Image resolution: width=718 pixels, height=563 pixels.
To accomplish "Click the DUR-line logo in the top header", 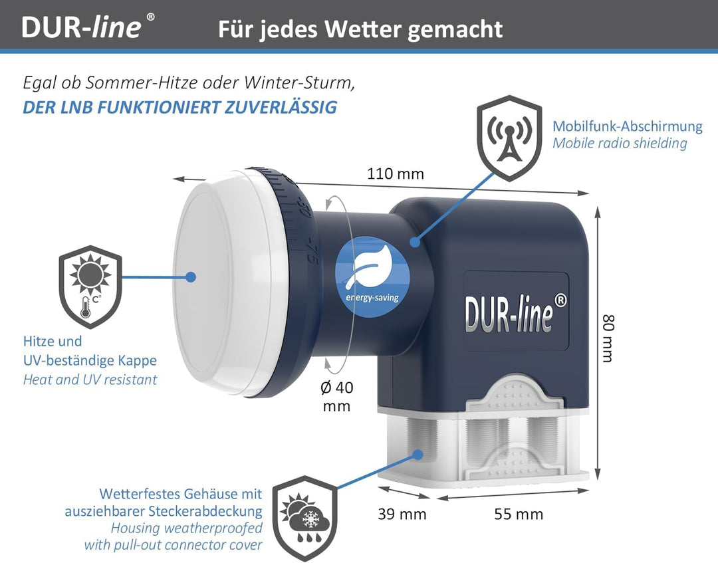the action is point(88,26).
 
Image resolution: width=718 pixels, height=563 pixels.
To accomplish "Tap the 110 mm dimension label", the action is point(396,174).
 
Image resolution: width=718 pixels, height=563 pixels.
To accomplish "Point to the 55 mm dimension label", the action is point(519,514).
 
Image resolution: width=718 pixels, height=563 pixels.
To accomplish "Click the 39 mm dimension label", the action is point(402,514).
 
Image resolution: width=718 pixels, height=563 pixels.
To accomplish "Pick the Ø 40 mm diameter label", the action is point(336,396).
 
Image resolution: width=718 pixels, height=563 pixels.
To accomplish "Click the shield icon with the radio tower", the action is point(509,138).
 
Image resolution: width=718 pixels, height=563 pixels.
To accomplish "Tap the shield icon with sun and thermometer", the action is point(90,286).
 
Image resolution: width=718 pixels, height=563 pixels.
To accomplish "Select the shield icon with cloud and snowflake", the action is point(305,518).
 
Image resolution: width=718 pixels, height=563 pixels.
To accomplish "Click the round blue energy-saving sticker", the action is point(372,277).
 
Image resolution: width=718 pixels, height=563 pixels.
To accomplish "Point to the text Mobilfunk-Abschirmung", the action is point(628,126).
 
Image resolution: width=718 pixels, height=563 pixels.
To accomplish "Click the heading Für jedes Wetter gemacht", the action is point(360,29).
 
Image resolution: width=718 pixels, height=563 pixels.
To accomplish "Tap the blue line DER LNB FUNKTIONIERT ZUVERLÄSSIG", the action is point(180,107).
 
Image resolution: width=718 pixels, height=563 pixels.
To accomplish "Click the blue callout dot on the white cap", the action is point(191,277).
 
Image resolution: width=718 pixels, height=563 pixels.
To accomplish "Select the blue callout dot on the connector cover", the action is point(417,455).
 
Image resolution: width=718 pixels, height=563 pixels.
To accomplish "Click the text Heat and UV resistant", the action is point(90,380).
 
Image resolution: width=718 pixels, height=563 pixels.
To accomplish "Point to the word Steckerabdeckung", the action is point(205,511).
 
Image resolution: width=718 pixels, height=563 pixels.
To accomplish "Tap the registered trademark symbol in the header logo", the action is point(150,17).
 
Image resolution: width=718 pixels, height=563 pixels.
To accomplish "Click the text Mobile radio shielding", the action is point(620,144).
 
